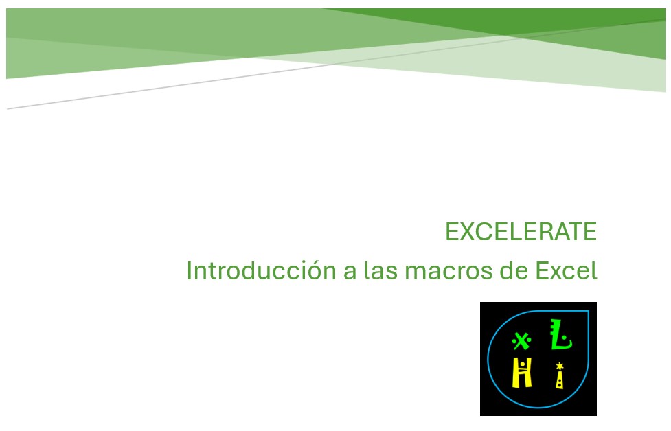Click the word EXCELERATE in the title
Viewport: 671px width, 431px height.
click(521, 232)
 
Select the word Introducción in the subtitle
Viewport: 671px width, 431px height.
click(261, 270)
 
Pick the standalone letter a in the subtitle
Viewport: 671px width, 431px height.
click(350, 272)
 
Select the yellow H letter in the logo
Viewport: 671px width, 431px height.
click(523, 375)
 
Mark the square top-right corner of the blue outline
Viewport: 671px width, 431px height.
click(588, 312)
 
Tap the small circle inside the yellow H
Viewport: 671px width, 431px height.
click(523, 363)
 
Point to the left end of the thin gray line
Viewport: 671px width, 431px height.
click(8, 108)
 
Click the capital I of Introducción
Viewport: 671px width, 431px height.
click(189, 270)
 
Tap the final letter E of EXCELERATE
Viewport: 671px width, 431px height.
click(591, 232)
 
